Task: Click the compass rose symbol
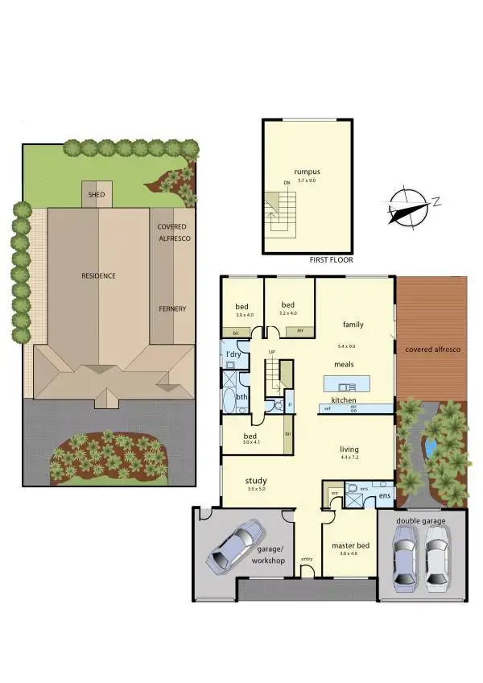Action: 408,206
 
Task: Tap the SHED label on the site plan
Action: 97,194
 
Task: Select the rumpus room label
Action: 307,172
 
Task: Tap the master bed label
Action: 349,545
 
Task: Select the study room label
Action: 256,482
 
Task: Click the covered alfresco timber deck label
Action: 432,350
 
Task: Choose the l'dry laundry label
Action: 234,355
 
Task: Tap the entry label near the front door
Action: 307,559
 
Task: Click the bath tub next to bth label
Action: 229,399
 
